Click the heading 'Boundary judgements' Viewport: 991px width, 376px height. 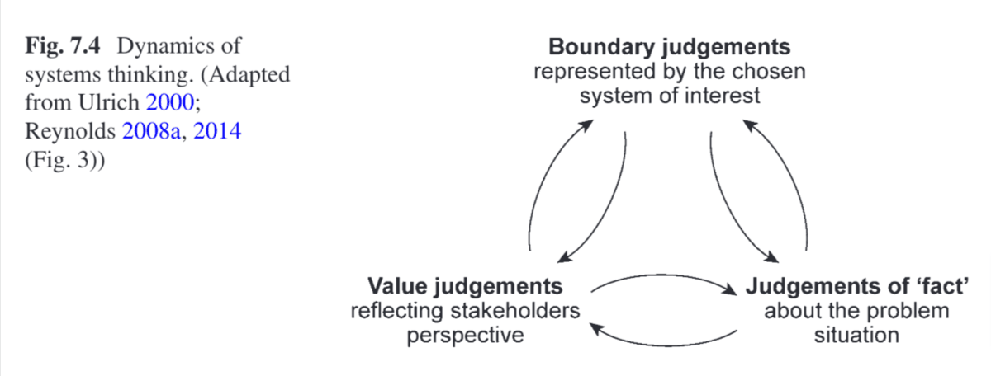point(670,45)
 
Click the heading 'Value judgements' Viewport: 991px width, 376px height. point(466,287)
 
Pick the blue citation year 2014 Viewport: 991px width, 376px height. point(217,131)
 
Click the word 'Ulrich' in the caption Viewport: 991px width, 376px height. point(121,103)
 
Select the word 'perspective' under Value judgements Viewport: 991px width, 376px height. point(465,337)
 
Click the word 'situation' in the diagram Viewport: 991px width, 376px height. point(856,337)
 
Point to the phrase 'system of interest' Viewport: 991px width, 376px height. point(669,96)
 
